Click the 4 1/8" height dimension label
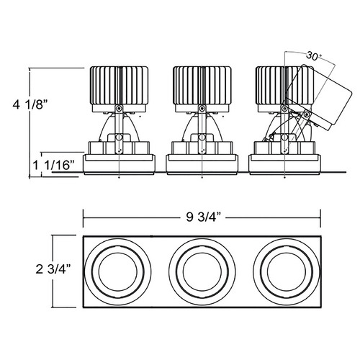(x=30, y=105)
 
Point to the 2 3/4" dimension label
(x=53, y=269)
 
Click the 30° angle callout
(x=313, y=56)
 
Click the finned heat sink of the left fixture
(x=119, y=86)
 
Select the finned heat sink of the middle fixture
(x=202, y=86)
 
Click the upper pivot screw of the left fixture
(x=119, y=109)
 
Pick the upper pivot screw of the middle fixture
(x=202, y=109)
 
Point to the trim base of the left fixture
(x=119, y=164)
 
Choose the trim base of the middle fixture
(x=202, y=164)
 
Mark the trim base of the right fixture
(x=285, y=164)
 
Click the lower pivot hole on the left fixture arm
(x=119, y=138)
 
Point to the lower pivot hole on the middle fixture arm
(x=202, y=138)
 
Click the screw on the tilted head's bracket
(x=306, y=114)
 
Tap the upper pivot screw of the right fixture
(x=284, y=109)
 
